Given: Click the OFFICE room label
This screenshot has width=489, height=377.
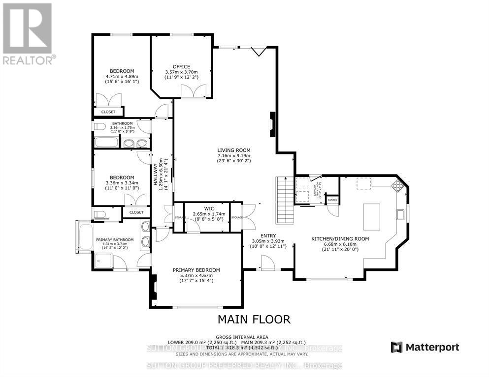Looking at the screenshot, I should point(181,67).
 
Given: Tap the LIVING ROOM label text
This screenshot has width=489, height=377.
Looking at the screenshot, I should point(234,150).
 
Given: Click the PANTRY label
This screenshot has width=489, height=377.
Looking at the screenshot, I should point(332,200).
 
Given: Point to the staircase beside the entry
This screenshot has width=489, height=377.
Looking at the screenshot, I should point(285,201).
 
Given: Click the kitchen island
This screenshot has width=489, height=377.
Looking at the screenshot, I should point(371,217).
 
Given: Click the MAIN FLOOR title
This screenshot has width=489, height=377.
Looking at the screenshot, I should point(254,319).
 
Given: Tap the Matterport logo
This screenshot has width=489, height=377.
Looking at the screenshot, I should point(425,348).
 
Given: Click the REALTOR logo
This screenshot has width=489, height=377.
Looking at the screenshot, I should point(28,34).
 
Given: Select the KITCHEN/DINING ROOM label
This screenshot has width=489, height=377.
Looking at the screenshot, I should point(340,239).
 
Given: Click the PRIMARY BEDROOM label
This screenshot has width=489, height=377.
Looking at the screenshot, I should point(196,270).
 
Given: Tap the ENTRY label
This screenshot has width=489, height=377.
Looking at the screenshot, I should point(268,235).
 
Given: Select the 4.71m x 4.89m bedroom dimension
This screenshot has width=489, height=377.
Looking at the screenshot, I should point(122,77).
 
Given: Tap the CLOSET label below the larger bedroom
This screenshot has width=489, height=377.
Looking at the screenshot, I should point(108,112).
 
